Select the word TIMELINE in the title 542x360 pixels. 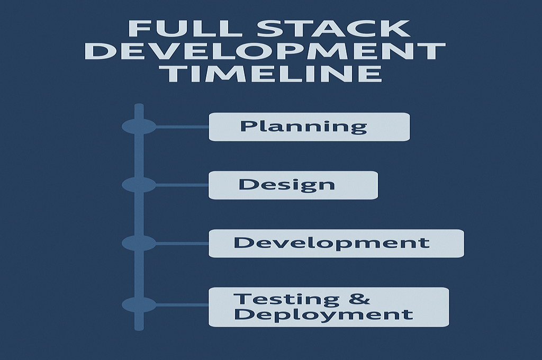(271, 73)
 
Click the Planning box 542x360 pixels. (309, 127)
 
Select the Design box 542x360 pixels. (293, 185)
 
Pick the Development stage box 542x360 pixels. (336, 244)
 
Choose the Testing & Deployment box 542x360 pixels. (329, 307)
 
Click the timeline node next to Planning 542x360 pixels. (139, 127)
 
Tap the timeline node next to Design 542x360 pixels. (139, 185)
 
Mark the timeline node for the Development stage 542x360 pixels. (139, 244)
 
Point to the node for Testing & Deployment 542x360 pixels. (139, 305)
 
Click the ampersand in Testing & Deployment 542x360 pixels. (360, 299)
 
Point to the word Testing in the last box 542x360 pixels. (286, 299)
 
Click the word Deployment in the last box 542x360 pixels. (323, 314)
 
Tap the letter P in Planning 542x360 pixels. (247, 127)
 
